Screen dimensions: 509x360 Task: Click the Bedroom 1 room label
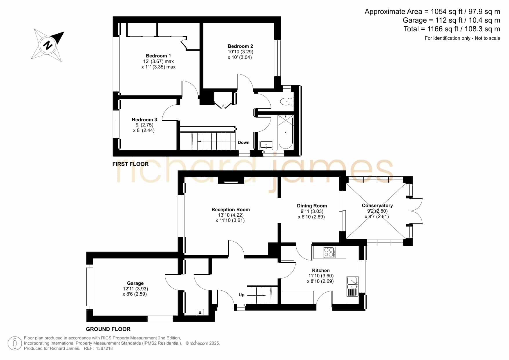[x=158, y=56]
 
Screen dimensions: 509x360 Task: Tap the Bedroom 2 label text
[x=240, y=46]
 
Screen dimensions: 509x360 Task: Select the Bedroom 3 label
[x=144, y=120]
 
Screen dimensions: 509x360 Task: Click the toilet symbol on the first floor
[x=287, y=102]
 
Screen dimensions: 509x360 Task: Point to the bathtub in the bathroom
[x=286, y=132]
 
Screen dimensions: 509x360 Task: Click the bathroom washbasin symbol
[x=266, y=145]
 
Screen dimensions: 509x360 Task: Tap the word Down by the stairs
[x=244, y=142]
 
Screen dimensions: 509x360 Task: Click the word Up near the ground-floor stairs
[x=242, y=295]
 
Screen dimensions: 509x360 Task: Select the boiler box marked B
[x=200, y=312]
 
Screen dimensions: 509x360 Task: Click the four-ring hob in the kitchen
[x=329, y=252]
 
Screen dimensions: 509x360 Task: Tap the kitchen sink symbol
[x=353, y=286]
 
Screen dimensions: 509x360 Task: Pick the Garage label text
[x=135, y=283]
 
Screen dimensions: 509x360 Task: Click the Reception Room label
[x=231, y=209]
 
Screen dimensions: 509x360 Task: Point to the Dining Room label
[x=312, y=206]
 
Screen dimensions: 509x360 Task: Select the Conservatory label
[x=377, y=205]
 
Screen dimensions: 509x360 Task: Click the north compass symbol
[x=48, y=45]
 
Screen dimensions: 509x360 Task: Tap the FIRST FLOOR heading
[x=131, y=164]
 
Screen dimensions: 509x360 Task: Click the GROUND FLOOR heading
[x=108, y=329]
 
